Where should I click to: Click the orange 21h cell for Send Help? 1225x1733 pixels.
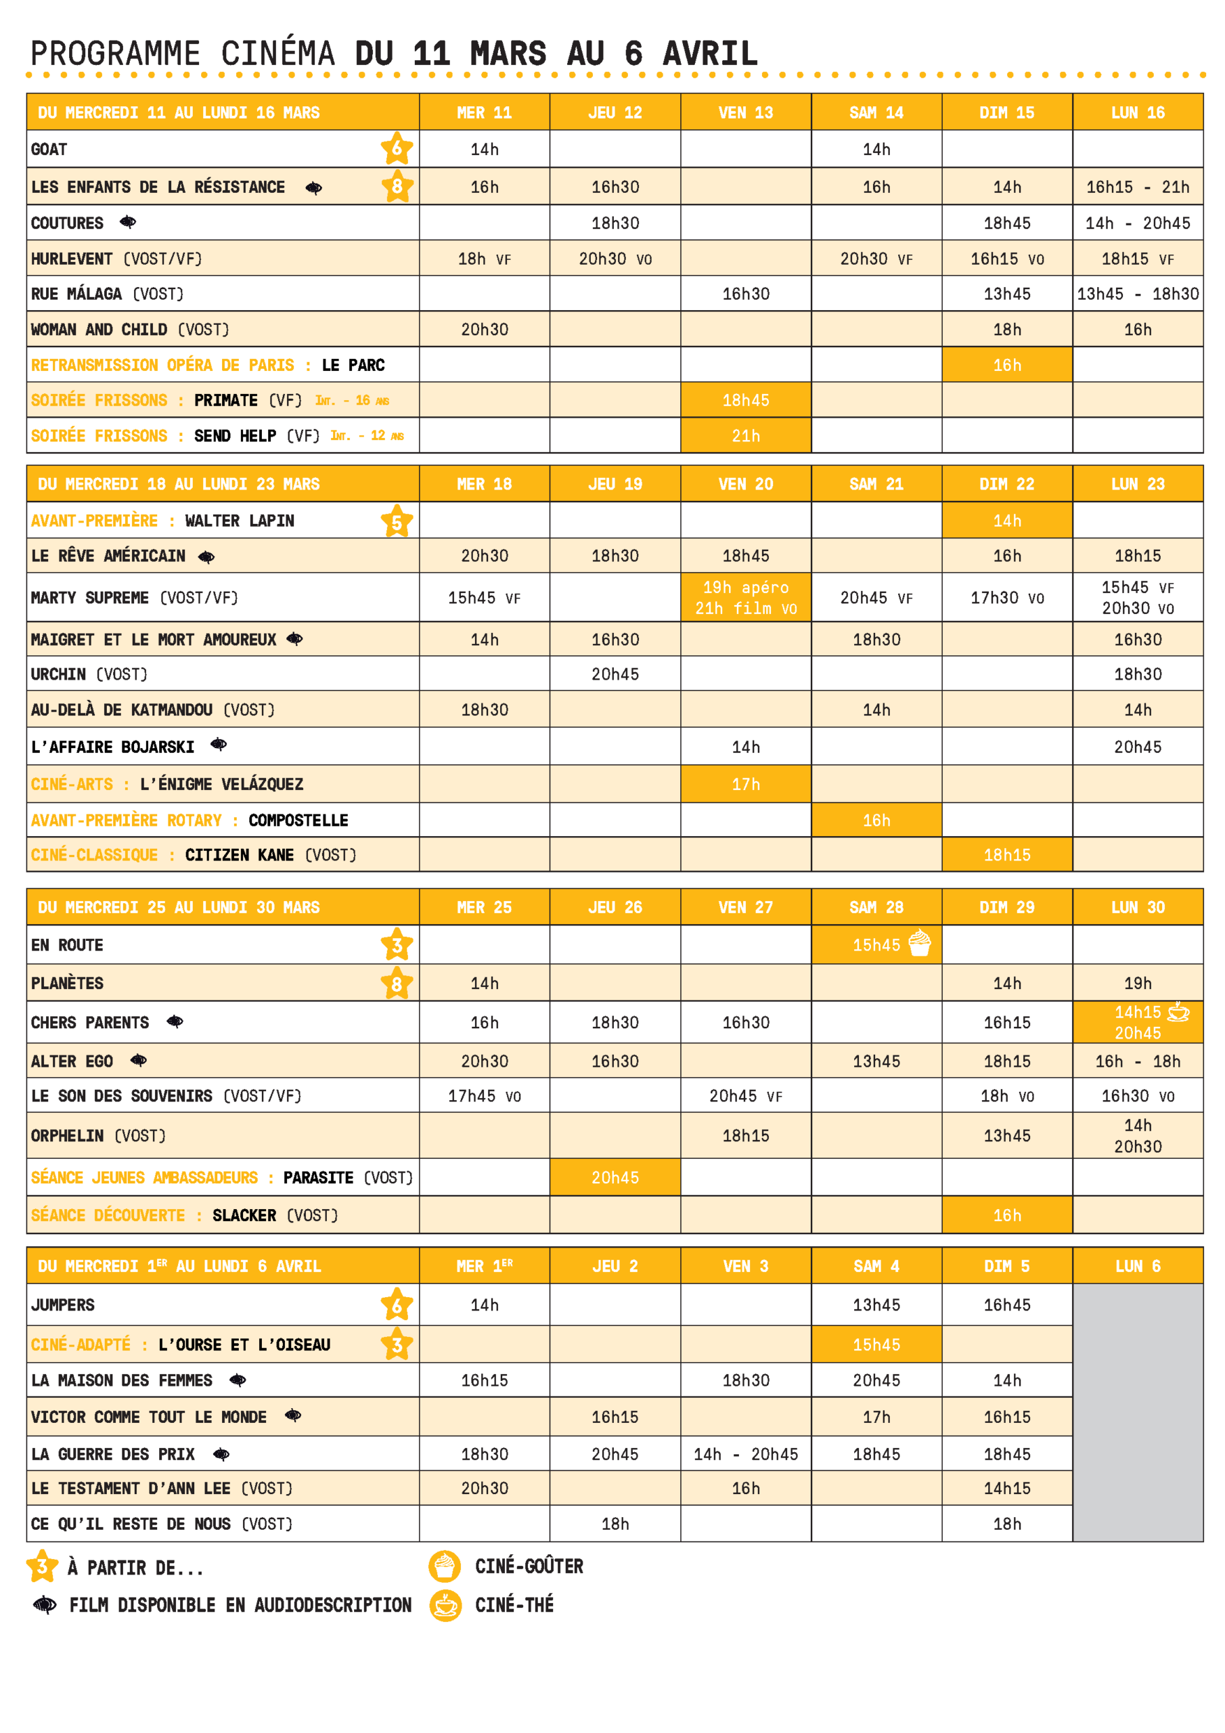point(745,435)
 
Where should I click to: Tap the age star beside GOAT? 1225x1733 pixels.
point(396,148)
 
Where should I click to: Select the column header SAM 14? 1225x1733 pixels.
point(876,112)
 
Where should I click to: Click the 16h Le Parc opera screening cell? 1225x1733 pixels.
point(1006,365)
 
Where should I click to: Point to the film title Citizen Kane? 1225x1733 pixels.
point(240,854)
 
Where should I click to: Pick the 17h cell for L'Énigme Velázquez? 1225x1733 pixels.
point(745,784)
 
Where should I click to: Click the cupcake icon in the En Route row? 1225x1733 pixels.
point(919,943)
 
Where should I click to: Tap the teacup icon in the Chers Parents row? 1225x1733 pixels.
point(1178,1011)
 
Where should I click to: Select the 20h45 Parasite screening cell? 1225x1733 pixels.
point(615,1177)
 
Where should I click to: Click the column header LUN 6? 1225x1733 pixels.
point(1138,1266)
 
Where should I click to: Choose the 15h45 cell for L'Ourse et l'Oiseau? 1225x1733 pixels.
point(876,1344)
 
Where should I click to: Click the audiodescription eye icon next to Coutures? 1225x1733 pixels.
point(129,222)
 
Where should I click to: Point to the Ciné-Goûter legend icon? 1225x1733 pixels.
point(445,1566)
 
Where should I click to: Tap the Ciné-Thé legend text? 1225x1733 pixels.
point(514,1604)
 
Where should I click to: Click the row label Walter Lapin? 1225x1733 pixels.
point(240,521)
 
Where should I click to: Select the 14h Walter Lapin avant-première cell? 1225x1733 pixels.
point(1006,521)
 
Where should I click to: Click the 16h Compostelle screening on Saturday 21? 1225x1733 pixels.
point(876,820)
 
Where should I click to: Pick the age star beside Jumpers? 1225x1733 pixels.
point(396,1304)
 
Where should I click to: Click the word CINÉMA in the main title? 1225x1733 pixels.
point(277,54)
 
